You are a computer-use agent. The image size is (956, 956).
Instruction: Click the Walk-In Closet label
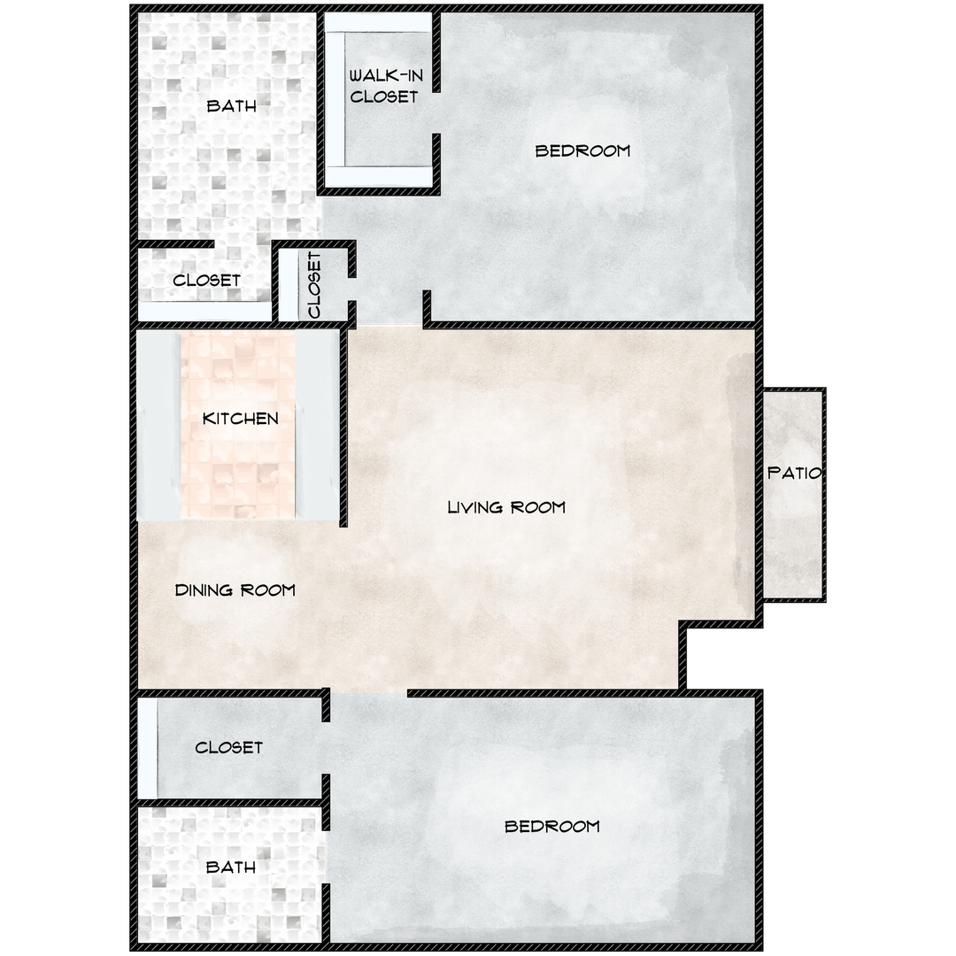click(x=384, y=86)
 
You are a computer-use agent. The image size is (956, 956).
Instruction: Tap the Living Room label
click(x=505, y=507)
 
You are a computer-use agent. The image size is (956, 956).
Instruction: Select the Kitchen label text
click(x=240, y=418)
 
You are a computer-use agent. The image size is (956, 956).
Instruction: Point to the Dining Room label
click(x=235, y=590)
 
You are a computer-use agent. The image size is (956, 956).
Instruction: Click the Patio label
click(x=793, y=473)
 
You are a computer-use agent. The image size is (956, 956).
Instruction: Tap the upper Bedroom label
click(x=582, y=150)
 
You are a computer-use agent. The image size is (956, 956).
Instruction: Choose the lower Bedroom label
click(x=551, y=826)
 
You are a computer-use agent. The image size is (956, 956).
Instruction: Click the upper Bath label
click(x=231, y=106)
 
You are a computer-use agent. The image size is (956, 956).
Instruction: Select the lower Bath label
click(x=230, y=867)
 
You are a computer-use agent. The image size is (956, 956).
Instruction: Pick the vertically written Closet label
click(x=314, y=285)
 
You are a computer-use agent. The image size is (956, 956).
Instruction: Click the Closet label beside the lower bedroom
click(x=228, y=747)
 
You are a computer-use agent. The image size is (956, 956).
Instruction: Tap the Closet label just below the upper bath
click(x=206, y=280)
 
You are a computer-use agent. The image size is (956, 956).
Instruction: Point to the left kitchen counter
click(x=158, y=425)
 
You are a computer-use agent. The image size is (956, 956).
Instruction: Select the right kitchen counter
click(x=316, y=425)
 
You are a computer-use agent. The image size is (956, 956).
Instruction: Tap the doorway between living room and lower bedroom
click(x=368, y=693)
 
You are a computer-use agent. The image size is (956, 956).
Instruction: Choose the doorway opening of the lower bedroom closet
click(x=326, y=745)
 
